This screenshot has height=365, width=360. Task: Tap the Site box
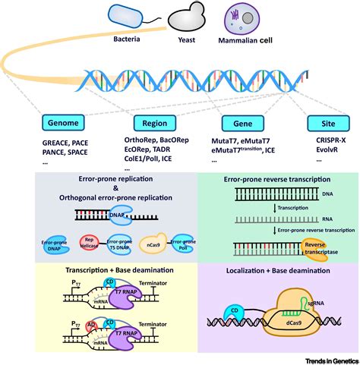(327, 122)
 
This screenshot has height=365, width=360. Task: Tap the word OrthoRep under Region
(140, 141)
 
